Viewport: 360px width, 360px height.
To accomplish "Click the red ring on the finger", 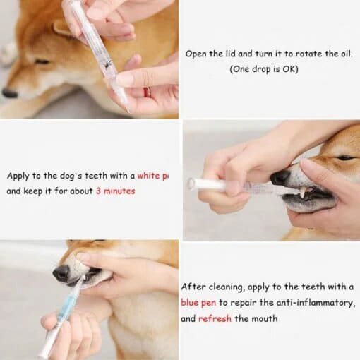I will (x=148, y=92).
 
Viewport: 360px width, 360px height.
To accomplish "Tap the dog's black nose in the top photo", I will (x=9, y=92).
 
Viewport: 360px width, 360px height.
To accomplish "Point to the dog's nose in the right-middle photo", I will (x=282, y=177).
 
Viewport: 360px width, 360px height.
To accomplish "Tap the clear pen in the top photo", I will (x=102, y=56).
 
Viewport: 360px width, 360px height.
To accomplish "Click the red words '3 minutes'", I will (x=115, y=191).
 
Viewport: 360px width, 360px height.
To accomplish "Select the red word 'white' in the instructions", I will (x=150, y=176).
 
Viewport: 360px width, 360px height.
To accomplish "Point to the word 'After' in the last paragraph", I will (x=195, y=287).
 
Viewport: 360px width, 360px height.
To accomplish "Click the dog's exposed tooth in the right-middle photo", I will (x=302, y=191).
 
